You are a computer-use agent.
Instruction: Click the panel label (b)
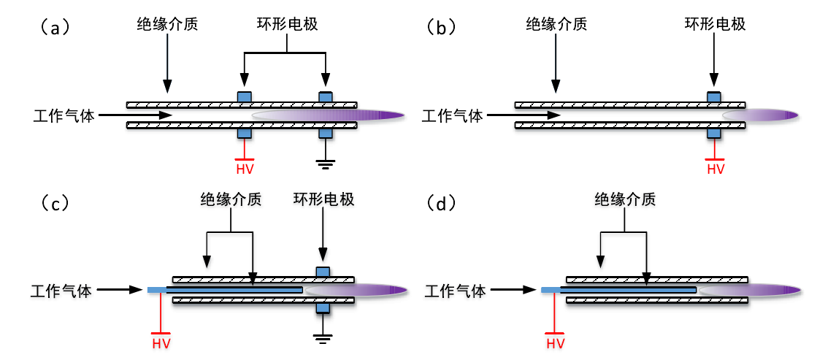442,28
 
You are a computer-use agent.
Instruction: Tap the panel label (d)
442,202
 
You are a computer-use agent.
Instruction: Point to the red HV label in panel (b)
715,169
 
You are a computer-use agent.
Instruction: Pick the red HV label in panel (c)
161,343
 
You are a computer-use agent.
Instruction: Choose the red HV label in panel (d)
556,343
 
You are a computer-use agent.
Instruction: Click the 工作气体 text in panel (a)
64,115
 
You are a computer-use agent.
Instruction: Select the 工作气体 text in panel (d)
456,291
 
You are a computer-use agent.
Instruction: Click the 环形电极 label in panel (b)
715,24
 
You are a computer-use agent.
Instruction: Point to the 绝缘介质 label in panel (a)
167,24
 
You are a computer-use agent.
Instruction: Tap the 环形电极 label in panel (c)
323,199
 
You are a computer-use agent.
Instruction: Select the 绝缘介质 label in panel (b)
556,24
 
